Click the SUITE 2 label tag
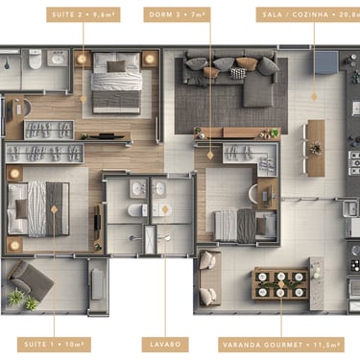pos(84,14)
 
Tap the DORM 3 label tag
pos(177,14)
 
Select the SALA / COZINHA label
pos(308,14)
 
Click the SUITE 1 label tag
pos(54,345)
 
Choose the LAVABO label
pos(165,345)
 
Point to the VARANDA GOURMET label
pos(281,345)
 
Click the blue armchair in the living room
pos(325,62)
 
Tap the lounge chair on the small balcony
pos(31,281)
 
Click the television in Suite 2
pos(107,136)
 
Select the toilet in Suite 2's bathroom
pos(36,59)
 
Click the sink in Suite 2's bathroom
pos(58,59)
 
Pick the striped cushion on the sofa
pos(238,73)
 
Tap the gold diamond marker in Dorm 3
pos(210,156)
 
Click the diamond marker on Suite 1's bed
pos(54,209)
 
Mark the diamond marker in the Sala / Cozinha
pos(314,97)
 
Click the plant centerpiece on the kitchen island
pos(316,148)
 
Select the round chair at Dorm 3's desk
pos(253,194)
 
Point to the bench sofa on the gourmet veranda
pos(209,278)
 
